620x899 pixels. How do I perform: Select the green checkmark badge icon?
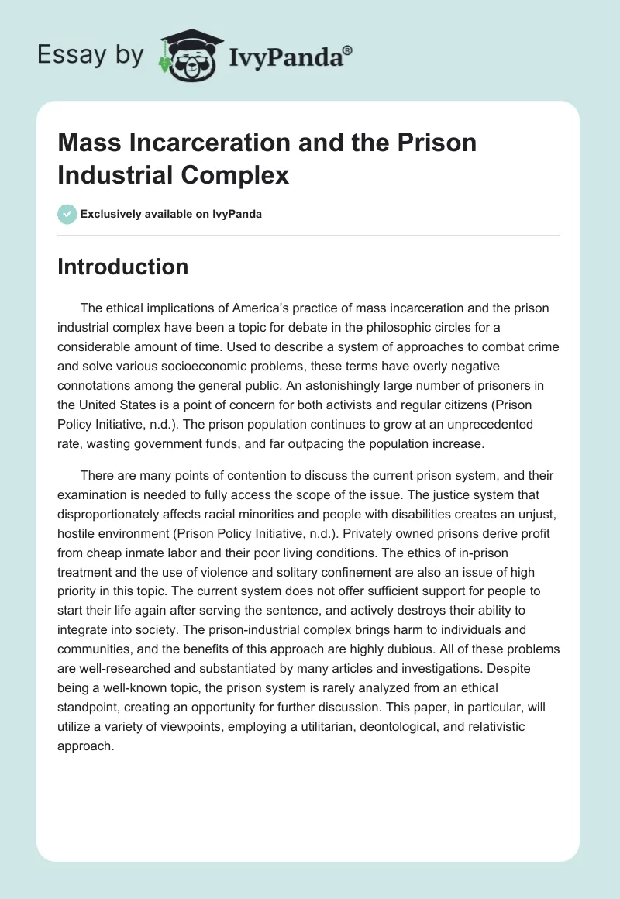67,214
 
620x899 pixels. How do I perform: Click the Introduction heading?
122,267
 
